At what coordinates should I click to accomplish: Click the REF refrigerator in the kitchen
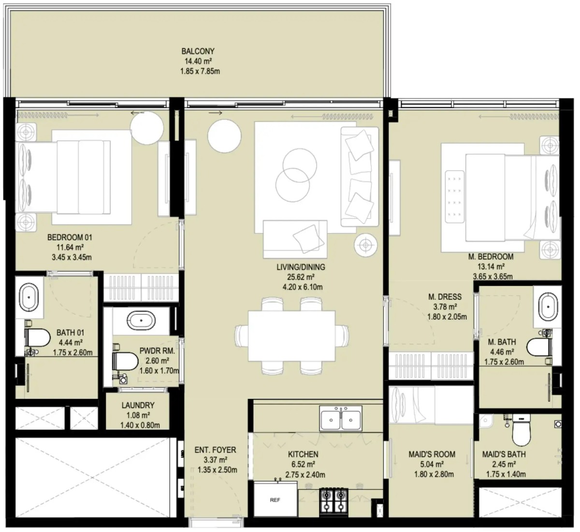click(275, 500)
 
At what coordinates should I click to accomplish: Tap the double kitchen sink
click(341, 418)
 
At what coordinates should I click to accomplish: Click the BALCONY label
click(198, 51)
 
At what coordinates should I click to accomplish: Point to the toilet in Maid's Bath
click(521, 430)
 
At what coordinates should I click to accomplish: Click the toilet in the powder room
click(125, 361)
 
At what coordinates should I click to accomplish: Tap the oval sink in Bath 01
click(29, 297)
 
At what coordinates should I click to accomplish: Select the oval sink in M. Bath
click(548, 307)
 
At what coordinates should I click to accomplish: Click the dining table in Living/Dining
click(292, 336)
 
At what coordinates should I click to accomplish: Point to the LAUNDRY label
click(138, 405)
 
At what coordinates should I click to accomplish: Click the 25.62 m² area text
click(301, 277)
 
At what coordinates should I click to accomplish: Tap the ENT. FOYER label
click(216, 450)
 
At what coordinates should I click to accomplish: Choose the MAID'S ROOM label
click(432, 454)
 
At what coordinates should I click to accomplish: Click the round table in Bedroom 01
click(146, 128)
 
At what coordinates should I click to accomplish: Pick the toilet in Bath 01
click(37, 338)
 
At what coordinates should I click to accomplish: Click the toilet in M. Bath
click(539, 347)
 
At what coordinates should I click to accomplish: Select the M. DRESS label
click(445, 296)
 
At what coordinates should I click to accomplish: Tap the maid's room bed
click(412, 405)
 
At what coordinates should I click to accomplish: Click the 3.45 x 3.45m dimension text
click(72, 257)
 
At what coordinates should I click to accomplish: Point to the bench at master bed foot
click(454, 197)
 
